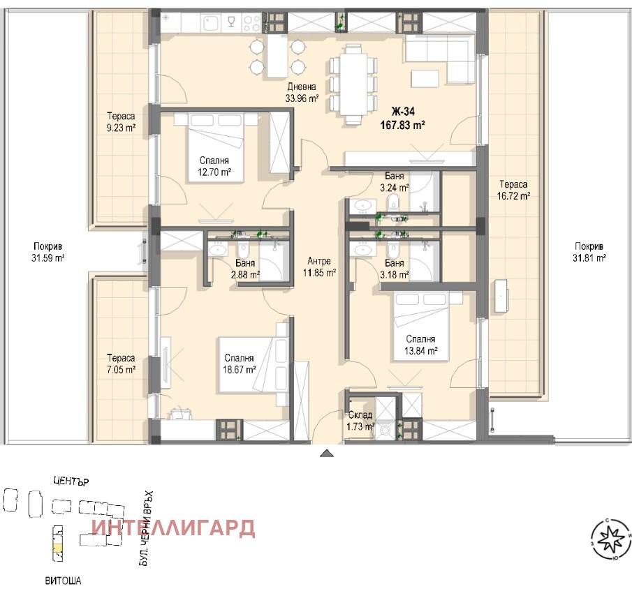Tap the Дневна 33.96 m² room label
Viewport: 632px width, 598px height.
(x=302, y=93)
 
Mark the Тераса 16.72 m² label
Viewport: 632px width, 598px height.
(x=514, y=190)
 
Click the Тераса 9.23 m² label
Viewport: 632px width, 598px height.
(x=121, y=121)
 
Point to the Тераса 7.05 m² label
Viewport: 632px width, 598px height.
(x=121, y=362)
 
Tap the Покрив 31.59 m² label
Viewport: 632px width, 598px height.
(x=49, y=251)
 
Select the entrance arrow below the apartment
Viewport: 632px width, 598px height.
(x=326, y=454)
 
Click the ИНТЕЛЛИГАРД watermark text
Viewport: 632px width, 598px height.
(x=173, y=528)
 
